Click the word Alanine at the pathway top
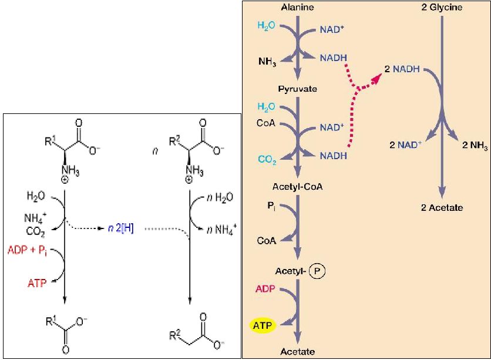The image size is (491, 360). pyautogui.click(x=298, y=8)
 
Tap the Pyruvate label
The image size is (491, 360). pyautogui.click(x=297, y=89)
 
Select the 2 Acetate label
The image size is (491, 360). pyautogui.click(x=443, y=207)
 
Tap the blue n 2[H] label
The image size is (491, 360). pyautogui.click(x=121, y=228)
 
